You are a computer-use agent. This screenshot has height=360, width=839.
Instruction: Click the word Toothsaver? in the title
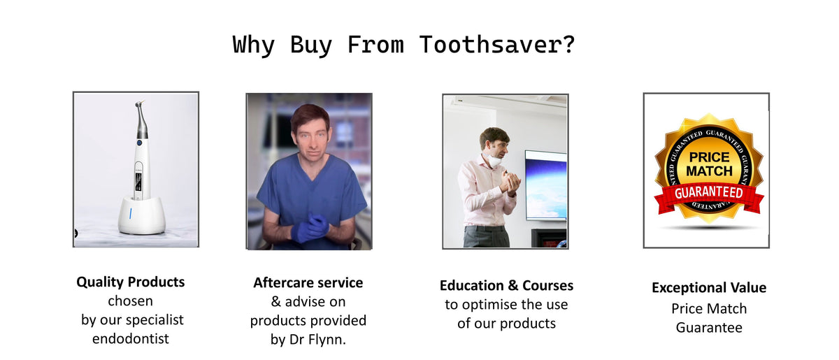coord(496,45)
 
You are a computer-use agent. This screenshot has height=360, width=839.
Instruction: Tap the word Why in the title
coord(254,45)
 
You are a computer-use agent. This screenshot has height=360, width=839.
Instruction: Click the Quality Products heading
coord(130,282)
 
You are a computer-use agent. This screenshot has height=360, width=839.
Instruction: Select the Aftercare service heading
coord(308,283)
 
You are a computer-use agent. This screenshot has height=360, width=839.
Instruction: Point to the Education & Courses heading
coord(506,285)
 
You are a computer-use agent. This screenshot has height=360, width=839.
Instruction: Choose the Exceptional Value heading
coord(709,288)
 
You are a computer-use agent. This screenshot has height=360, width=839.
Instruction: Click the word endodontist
coord(131,338)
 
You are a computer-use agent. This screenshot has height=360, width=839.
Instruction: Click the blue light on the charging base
coord(130,213)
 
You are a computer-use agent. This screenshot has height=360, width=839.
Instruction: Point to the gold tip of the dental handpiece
coord(142,101)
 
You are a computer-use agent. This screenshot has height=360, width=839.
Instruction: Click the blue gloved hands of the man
coord(310,227)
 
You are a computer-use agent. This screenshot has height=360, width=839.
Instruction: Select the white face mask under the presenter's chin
coord(494,159)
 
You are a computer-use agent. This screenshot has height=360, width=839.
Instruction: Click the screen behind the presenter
coord(546,185)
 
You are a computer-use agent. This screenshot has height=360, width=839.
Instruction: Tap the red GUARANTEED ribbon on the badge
coord(709,196)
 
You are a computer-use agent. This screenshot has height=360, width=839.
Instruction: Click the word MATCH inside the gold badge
coord(709,171)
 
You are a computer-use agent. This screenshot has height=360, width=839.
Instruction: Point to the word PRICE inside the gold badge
coord(709,157)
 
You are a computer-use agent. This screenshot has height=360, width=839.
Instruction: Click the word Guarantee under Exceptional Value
coord(709,328)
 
